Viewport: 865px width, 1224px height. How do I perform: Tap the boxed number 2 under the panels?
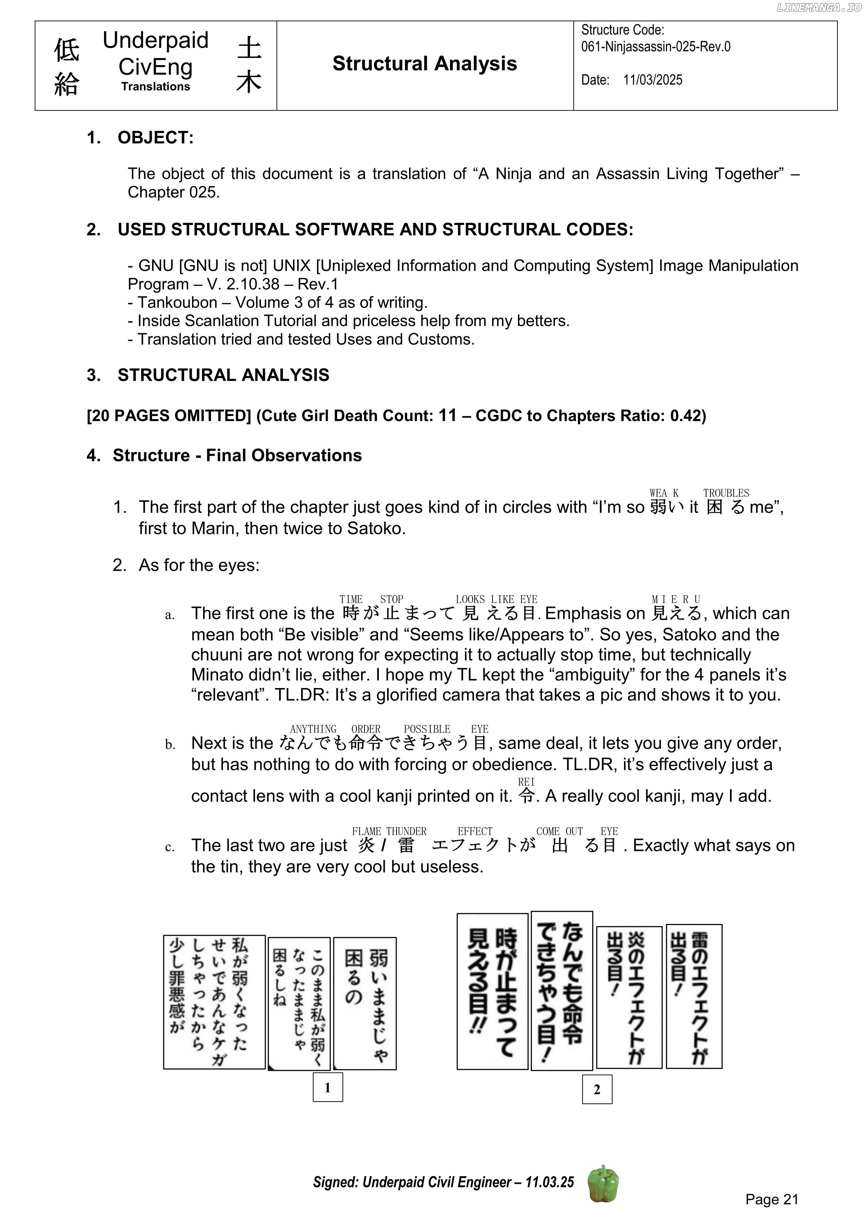coord(596,1089)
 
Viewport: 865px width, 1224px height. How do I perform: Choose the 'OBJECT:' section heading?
coord(155,137)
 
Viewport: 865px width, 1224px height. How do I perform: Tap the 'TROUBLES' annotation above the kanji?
coord(725,493)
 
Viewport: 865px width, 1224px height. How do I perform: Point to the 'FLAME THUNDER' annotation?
coord(389,831)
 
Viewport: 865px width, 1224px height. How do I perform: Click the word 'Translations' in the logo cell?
coord(155,87)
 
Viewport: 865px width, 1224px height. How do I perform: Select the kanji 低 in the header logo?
coord(67,51)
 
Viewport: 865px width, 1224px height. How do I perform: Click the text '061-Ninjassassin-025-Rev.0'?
coord(655,47)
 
